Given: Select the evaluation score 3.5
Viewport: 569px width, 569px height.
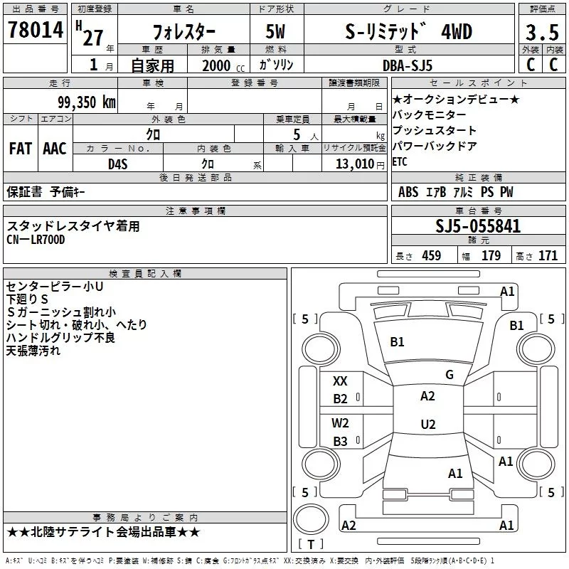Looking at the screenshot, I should point(542,32).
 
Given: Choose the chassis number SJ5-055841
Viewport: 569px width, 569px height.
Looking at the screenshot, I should point(478,227).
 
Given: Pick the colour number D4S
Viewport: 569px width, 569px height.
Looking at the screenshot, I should point(117,164).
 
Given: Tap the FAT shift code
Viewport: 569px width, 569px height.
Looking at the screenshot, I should point(20,148).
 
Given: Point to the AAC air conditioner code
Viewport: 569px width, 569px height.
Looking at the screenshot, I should point(54,148).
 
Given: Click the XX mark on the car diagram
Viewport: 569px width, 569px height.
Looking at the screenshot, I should point(341,381).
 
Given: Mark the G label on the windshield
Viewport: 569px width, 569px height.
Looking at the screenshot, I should point(450,375).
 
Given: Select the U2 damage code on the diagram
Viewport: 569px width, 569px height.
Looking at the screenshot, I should point(427,425).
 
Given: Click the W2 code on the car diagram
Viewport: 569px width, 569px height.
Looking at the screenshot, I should point(341,423).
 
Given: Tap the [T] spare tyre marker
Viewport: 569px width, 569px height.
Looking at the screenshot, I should point(310,544).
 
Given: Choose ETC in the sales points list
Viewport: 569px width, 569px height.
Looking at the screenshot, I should point(400,162).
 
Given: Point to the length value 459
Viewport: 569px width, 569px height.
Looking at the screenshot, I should point(431,256).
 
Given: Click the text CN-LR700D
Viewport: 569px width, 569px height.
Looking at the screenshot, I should point(36,240).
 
